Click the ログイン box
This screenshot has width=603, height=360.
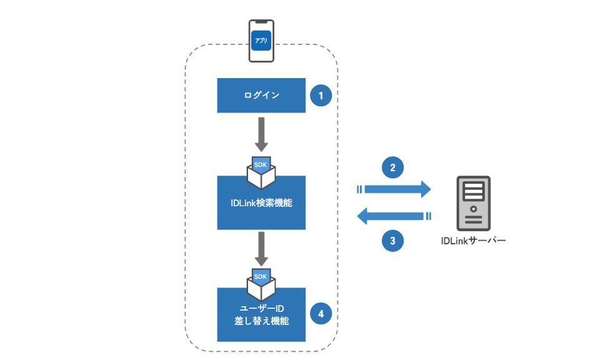point(261,96)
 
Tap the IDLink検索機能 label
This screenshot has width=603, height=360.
point(261,203)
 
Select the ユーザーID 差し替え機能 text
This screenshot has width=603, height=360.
point(261,314)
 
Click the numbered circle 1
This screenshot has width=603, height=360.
point(321,96)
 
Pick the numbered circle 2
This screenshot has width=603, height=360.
point(392,167)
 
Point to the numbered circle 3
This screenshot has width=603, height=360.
point(392,241)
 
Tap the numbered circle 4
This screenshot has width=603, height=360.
point(321,314)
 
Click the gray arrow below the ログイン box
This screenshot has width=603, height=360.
point(261,134)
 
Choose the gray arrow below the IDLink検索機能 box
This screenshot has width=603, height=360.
point(261,249)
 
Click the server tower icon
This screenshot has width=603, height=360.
point(474,203)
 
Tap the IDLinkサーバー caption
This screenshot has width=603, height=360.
point(473,241)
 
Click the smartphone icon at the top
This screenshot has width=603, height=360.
point(261,41)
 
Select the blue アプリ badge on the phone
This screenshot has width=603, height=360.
point(261,41)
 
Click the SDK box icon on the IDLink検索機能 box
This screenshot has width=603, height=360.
point(261,172)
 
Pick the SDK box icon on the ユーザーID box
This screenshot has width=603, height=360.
point(261,284)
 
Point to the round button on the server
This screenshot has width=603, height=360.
point(474,209)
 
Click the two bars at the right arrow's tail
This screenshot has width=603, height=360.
point(359,189)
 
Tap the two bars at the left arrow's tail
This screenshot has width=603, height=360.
point(429,216)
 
